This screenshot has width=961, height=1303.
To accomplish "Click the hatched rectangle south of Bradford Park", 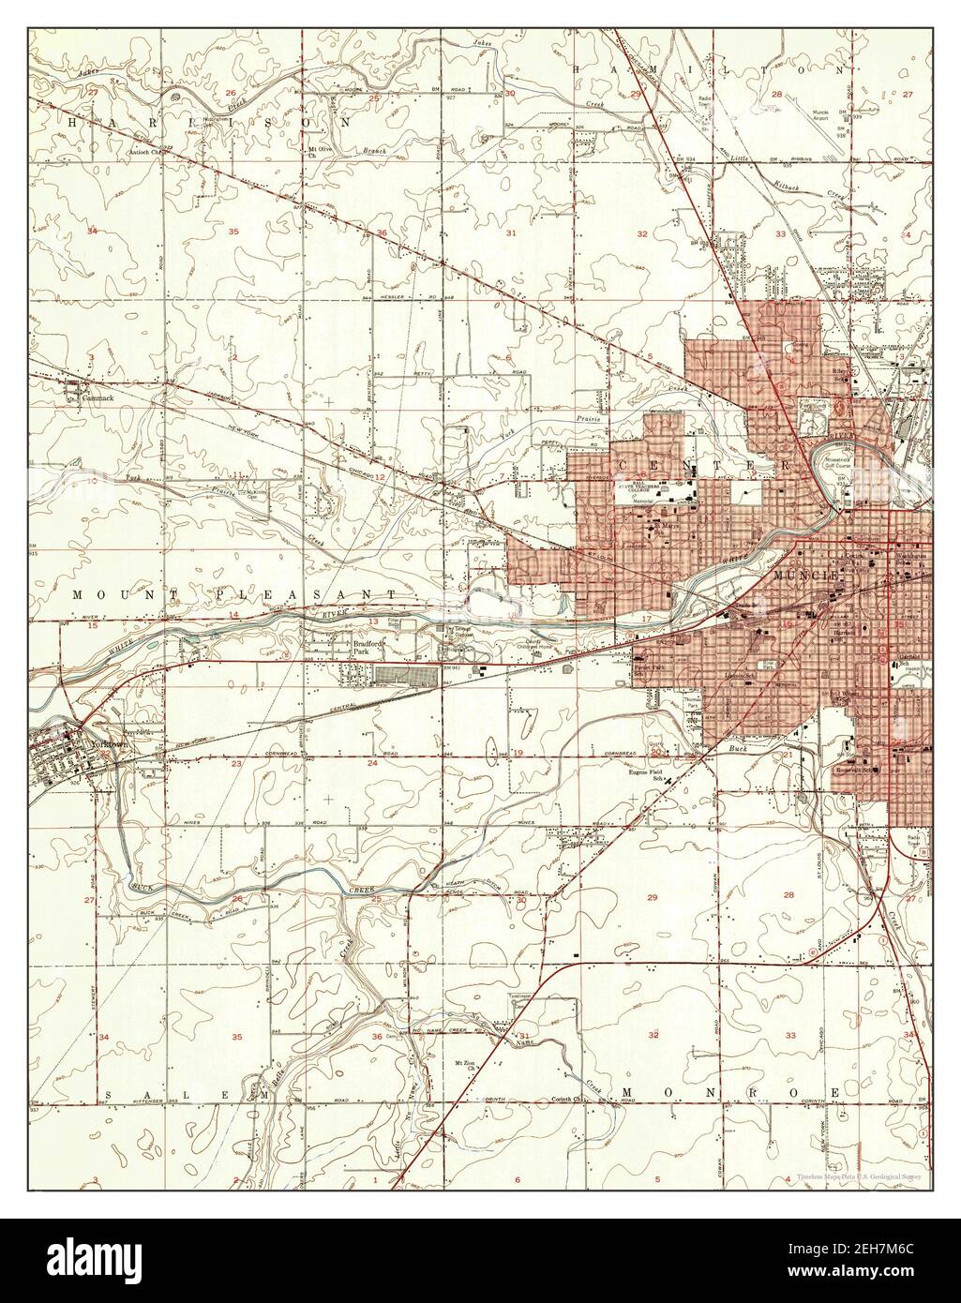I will pos(406,674).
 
